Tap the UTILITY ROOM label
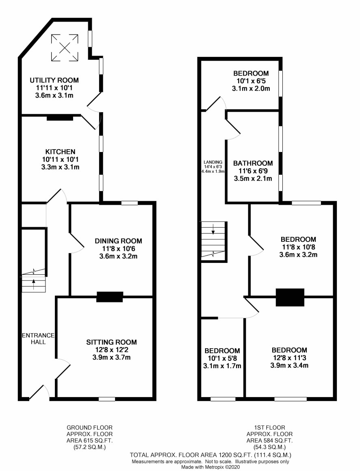click(x=54, y=80)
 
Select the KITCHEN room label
click(x=61, y=152)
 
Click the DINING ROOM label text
click(x=118, y=241)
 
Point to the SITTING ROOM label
click(x=111, y=342)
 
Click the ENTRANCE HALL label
click(x=38, y=339)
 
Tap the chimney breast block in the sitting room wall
click(x=110, y=297)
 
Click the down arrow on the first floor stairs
click(x=213, y=229)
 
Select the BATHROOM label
click(x=253, y=163)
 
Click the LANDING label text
click(x=213, y=162)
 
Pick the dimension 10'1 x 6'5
click(x=251, y=81)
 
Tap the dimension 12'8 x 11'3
click(x=289, y=358)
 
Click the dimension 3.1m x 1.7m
click(x=222, y=366)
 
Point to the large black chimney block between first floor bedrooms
click(x=290, y=297)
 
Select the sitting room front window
click(x=107, y=399)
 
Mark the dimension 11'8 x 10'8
click(x=298, y=247)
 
